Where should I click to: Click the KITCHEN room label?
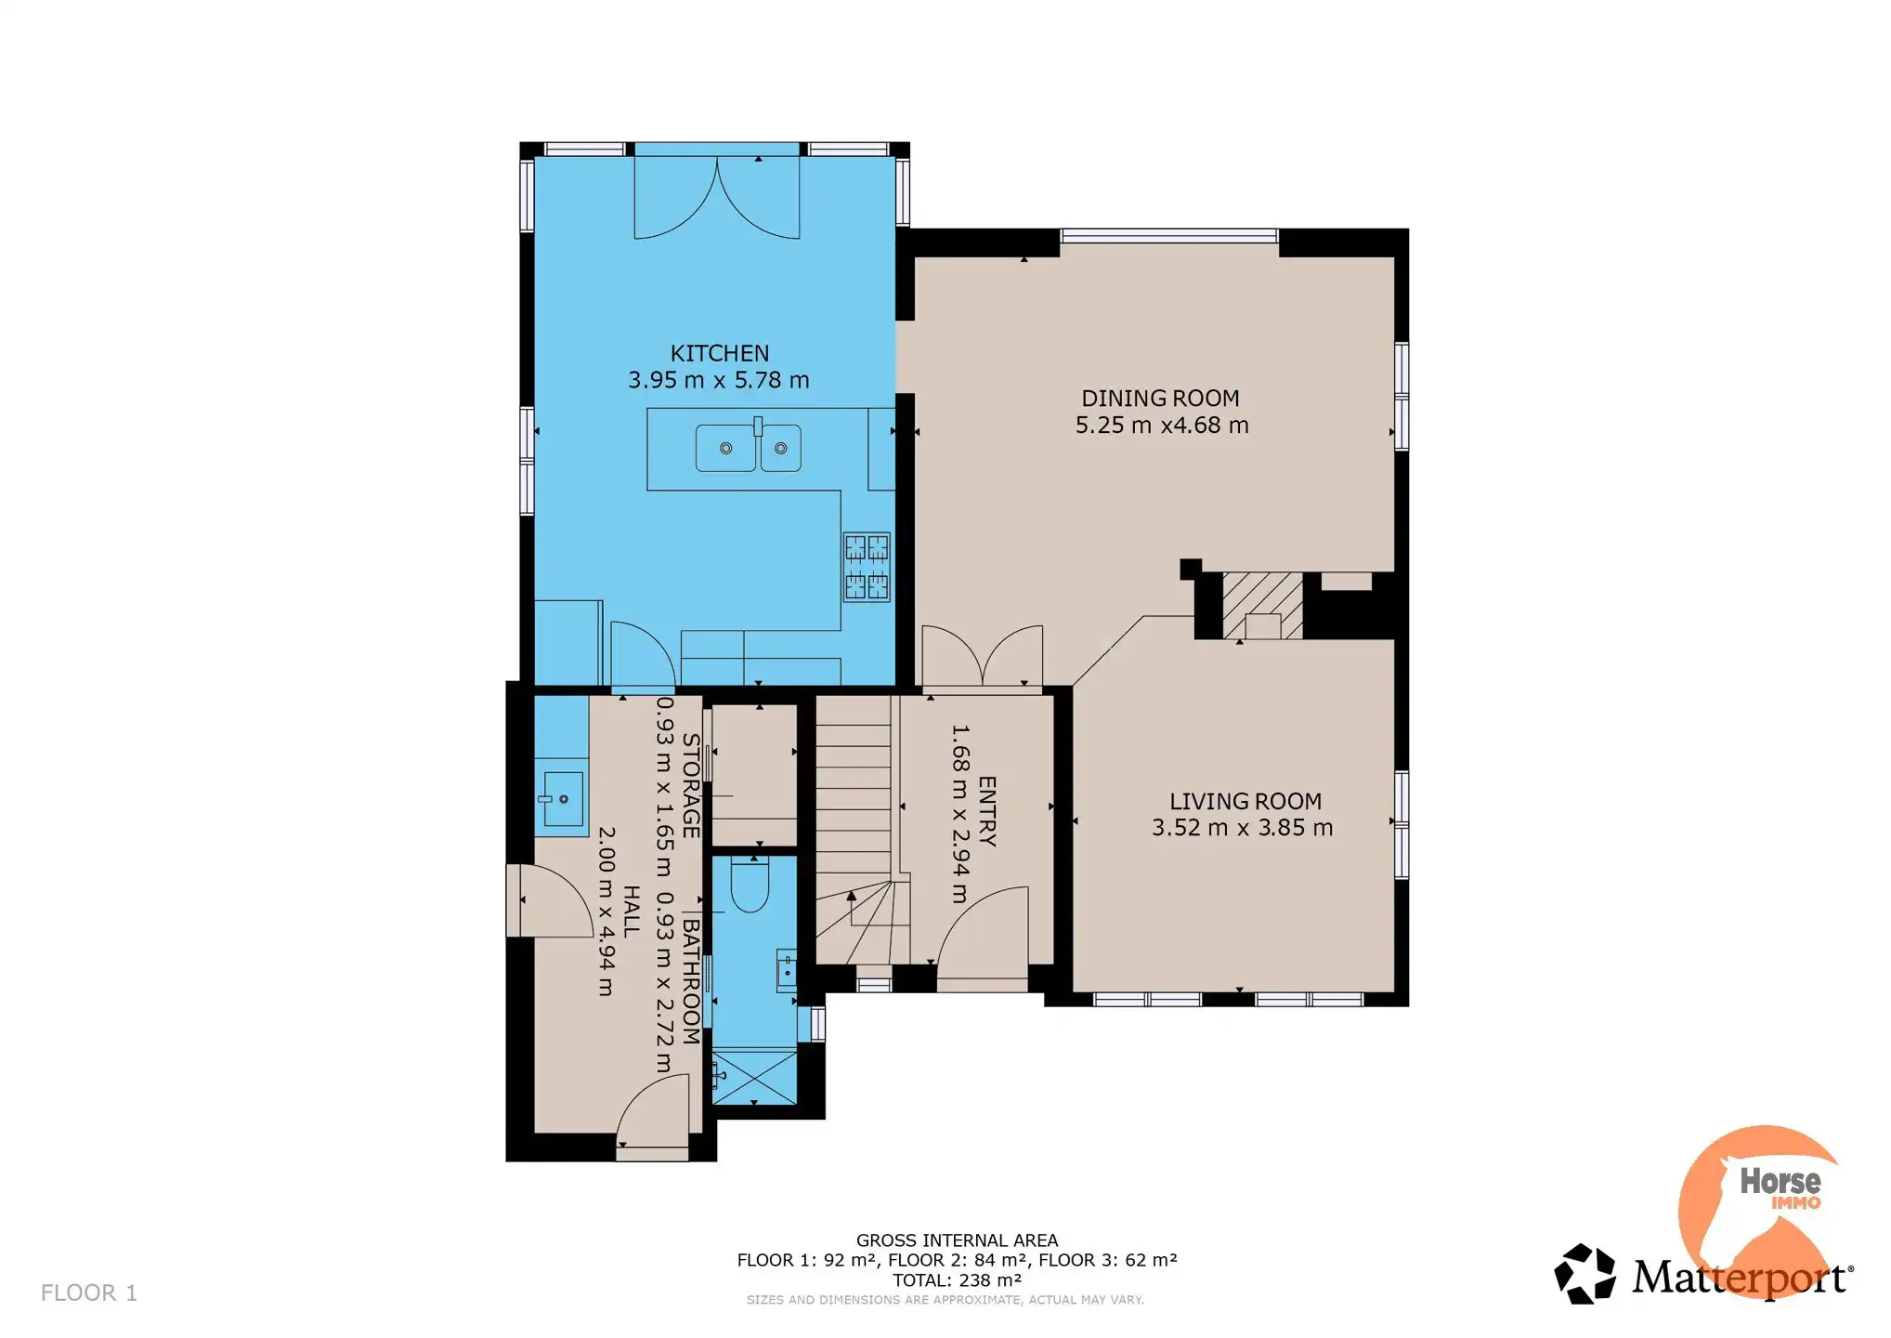[720, 353]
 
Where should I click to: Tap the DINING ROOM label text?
[1160, 398]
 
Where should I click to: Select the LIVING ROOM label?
[1245, 801]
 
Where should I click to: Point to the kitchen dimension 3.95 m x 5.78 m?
[719, 380]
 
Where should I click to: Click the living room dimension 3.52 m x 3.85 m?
[1243, 827]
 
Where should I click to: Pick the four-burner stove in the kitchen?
[867, 567]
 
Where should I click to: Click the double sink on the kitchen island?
[749, 448]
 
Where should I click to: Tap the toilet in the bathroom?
[750, 885]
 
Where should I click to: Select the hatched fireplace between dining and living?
[1262, 606]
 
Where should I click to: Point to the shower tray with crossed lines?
[754, 1077]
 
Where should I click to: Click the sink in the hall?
[562, 798]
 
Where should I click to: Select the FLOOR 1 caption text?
[89, 1292]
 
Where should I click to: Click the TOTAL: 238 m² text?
[957, 1280]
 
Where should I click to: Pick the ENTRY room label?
[987, 811]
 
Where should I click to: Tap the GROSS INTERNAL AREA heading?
[957, 1240]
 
